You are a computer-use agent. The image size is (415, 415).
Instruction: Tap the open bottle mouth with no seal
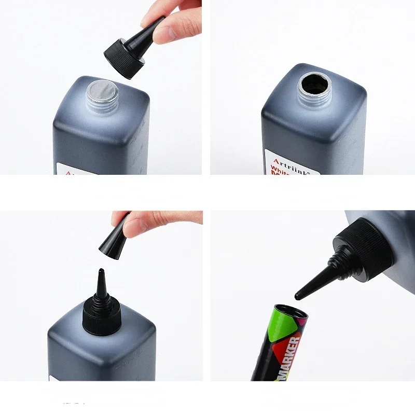(314, 84)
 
